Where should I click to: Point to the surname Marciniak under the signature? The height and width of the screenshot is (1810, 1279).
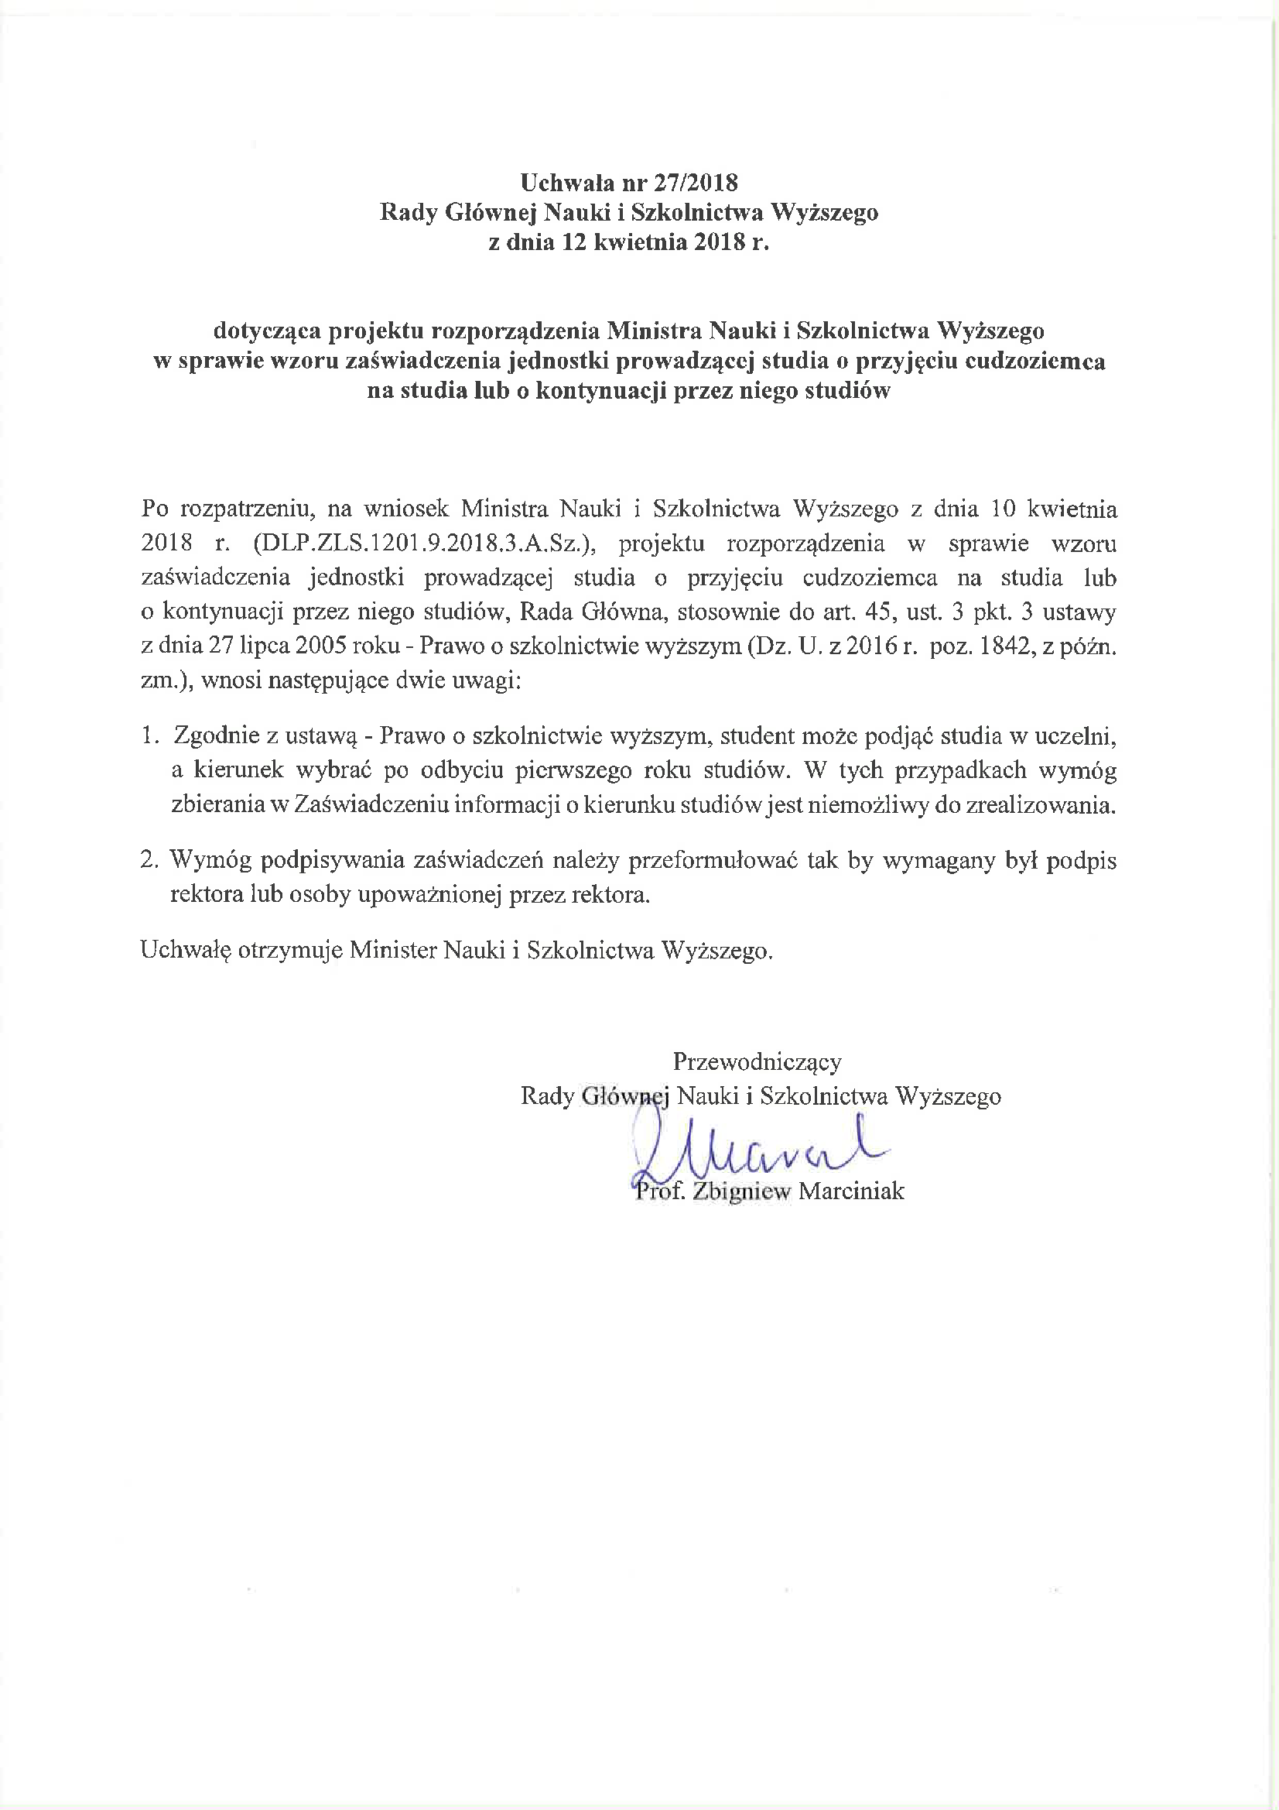[x=851, y=1191]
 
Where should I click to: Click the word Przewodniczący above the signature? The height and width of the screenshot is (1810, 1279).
[x=757, y=1062]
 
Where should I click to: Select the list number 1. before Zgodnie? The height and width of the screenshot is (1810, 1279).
[x=150, y=735]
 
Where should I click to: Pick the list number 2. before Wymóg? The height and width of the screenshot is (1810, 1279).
[x=150, y=860]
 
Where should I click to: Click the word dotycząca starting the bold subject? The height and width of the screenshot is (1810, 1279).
[x=267, y=331]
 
